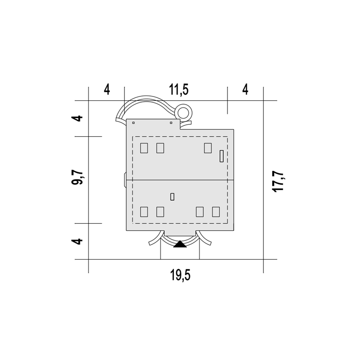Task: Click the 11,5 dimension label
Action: pyautogui.click(x=179, y=90)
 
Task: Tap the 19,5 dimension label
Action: pyautogui.click(x=180, y=275)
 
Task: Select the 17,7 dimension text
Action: pyautogui.click(x=278, y=181)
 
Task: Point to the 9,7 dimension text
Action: pyautogui.click(x=77, y=178)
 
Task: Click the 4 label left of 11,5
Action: pyautogui.click(x=107, y=90)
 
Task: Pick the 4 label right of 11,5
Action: pyautogui.click(x=245, y=90)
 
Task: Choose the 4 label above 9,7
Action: pyautogui.click(x=77, y=119)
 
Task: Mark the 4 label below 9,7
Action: pyautogui.click(x=77, y=241)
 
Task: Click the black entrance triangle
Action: pyautogui.click(x=180, y=244)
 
